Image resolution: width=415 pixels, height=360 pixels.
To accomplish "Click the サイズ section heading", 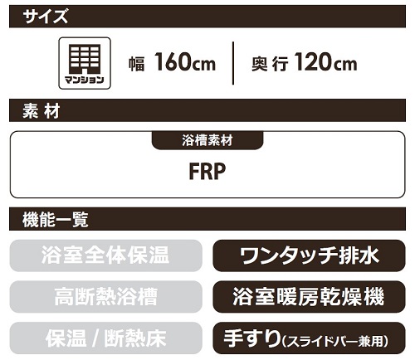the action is pos(46,17).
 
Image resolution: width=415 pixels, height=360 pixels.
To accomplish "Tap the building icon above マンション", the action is pos(85,59).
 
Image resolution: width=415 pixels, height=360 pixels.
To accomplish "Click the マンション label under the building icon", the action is pos(85,80).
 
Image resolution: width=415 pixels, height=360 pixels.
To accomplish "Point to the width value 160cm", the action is pos(185,62).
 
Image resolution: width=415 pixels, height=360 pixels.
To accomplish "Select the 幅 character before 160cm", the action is pos(137,64).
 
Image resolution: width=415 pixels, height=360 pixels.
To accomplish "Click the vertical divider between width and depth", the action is pos(233,63).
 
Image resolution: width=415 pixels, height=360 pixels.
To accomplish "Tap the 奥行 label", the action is pos(270,64).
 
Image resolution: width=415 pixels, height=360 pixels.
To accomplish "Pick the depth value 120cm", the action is pos(325,62).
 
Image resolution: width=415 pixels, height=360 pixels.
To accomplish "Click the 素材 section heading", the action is pos(41,111).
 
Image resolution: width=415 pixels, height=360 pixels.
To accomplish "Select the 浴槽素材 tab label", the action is pos(207,140).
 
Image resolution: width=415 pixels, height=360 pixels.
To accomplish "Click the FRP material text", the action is pos(207,172).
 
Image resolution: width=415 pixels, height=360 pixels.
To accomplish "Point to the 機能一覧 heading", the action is pos(56,220).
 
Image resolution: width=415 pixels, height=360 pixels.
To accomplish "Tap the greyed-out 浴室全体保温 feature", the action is pos(105,255).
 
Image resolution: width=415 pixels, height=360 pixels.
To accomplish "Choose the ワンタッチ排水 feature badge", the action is pos(309,255).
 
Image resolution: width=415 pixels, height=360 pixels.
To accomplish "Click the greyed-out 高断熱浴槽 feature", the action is pos(105,296).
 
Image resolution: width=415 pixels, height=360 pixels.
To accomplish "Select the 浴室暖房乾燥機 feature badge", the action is pos(309,297).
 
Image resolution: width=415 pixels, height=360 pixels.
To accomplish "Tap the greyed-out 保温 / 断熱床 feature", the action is pos(105,338).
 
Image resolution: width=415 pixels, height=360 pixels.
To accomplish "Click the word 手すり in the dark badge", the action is pos(251,338).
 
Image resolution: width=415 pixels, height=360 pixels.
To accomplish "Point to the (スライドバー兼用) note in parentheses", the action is pos(335,341).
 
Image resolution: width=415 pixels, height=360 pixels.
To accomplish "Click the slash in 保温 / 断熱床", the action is pos(95,338).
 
